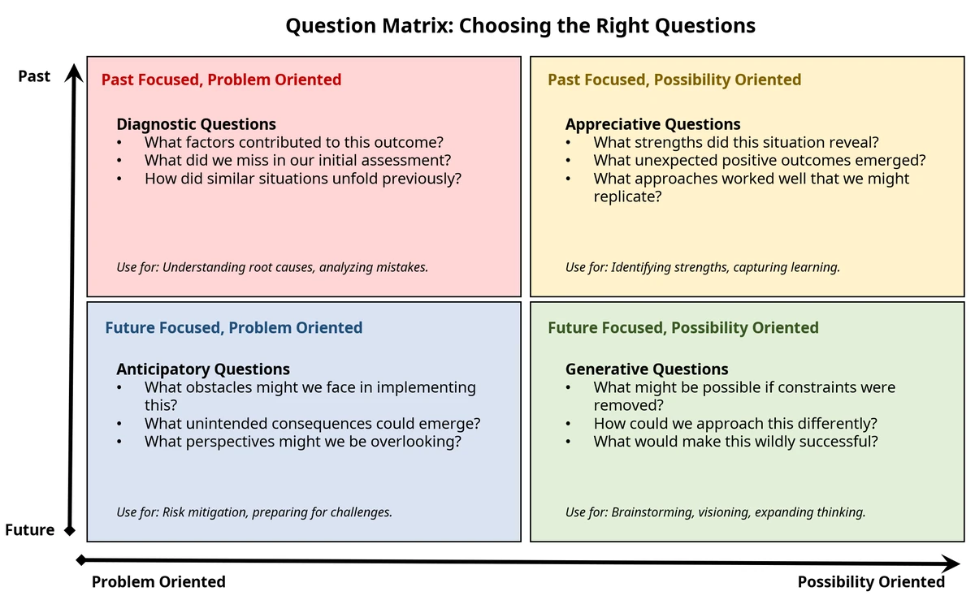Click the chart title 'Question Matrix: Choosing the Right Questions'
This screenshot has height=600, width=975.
(x=520, y=26)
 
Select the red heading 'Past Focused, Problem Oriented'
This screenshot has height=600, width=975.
(x=221, y=80)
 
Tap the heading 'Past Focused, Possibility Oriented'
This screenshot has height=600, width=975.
(x=674, y=80)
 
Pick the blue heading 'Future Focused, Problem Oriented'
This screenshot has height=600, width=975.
(x=234, y=328)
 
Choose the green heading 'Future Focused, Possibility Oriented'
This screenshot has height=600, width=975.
(x=683, y=328)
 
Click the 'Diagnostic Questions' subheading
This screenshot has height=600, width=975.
(x=196, y=124)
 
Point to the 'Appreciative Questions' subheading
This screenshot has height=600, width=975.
(x=653, y=124)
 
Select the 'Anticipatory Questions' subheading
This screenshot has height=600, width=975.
(x=203, y=369)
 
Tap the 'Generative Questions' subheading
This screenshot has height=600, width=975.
(x=647, y=369)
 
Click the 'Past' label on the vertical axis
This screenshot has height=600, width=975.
(x=34, y=76)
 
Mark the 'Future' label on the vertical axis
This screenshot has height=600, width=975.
(x=29, y=530)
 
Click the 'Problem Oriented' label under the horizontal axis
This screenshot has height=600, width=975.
(x=158, y=581)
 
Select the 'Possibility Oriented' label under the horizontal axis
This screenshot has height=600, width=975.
(x=871, y=581)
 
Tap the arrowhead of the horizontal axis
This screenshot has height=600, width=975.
(x=953, y=563)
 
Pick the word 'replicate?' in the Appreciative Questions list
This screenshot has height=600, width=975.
(x=627, y=196)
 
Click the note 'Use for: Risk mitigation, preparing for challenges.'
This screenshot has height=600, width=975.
(x=254, y=512)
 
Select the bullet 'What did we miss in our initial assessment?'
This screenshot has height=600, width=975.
(x=297, y=161)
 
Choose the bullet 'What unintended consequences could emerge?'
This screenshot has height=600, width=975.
(x=313, y=424)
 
